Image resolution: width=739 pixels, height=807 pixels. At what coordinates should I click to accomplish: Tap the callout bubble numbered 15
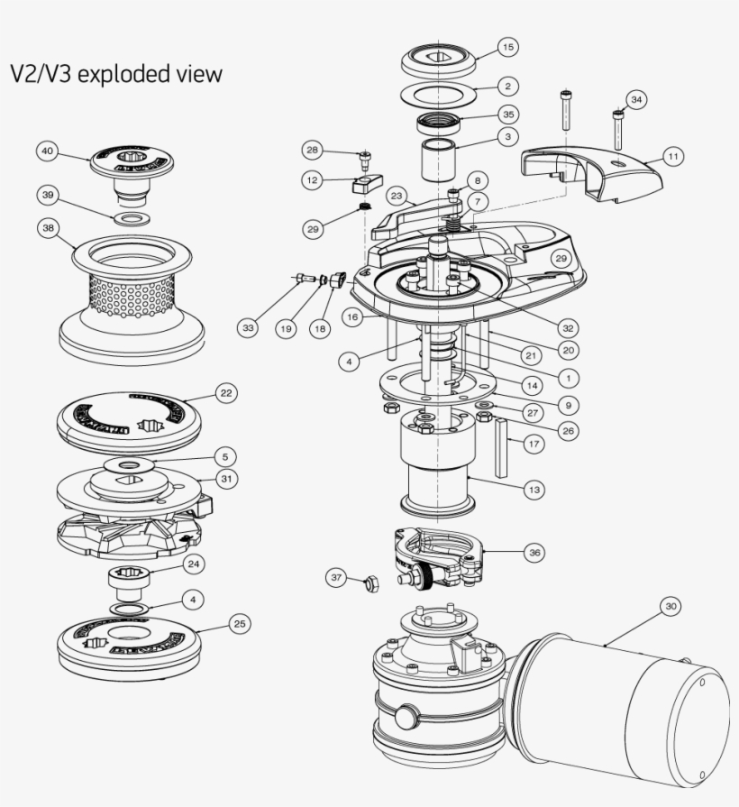507,47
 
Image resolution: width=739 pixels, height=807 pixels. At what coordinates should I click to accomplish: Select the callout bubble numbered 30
670,607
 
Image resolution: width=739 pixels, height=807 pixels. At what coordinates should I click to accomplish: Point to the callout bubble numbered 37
336,577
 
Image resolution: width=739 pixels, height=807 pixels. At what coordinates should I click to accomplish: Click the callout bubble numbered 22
225,393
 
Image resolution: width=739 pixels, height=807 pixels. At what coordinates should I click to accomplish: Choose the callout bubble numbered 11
672,156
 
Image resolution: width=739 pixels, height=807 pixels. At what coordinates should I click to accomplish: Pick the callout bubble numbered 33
247,328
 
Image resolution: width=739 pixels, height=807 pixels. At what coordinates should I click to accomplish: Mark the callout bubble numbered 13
534,489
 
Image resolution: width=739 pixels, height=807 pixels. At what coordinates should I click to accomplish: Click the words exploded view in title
149,73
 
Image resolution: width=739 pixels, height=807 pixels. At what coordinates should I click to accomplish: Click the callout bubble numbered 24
193,564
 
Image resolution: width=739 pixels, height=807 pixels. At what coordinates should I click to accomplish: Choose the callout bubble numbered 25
237,624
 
